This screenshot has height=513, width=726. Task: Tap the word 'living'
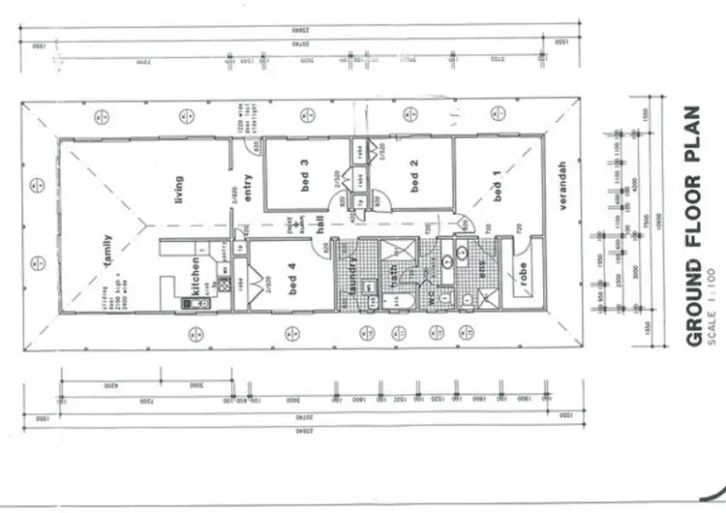click(178, 190)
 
